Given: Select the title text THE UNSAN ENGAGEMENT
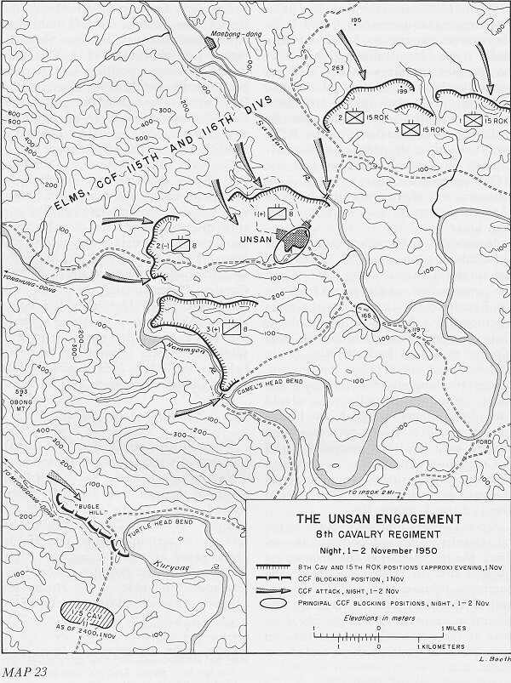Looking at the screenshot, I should pos(379,519).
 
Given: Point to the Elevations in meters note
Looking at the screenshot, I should pos(379,618).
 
